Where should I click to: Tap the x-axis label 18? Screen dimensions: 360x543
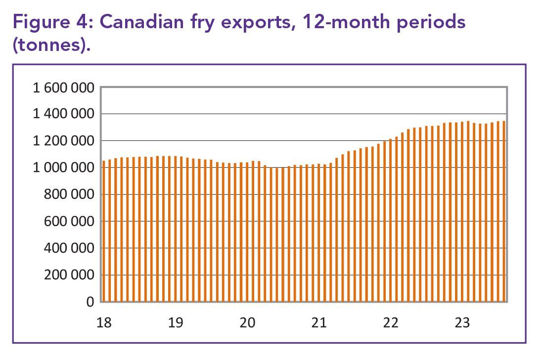(104, 323)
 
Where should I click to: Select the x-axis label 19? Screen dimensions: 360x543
(176, 323)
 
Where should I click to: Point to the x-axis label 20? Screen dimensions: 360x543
(248, 323)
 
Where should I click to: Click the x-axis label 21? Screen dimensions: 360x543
(319, 323)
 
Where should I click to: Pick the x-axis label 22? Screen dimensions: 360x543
(391, 323)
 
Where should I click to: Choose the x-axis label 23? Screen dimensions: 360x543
(462, 323)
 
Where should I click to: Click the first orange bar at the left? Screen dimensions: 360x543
(104, 231)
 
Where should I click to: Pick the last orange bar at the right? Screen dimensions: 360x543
(504, 211)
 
